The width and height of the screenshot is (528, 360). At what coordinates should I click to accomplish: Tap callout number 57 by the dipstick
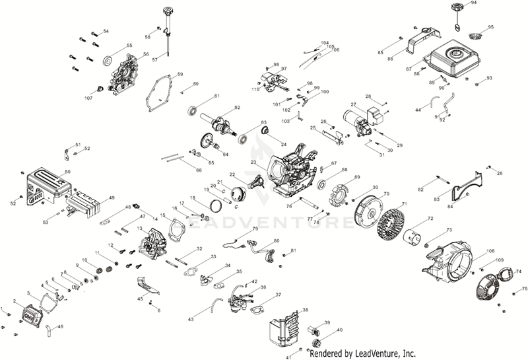(155, 60)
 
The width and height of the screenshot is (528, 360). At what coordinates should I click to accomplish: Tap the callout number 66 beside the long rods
(198, 170)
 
